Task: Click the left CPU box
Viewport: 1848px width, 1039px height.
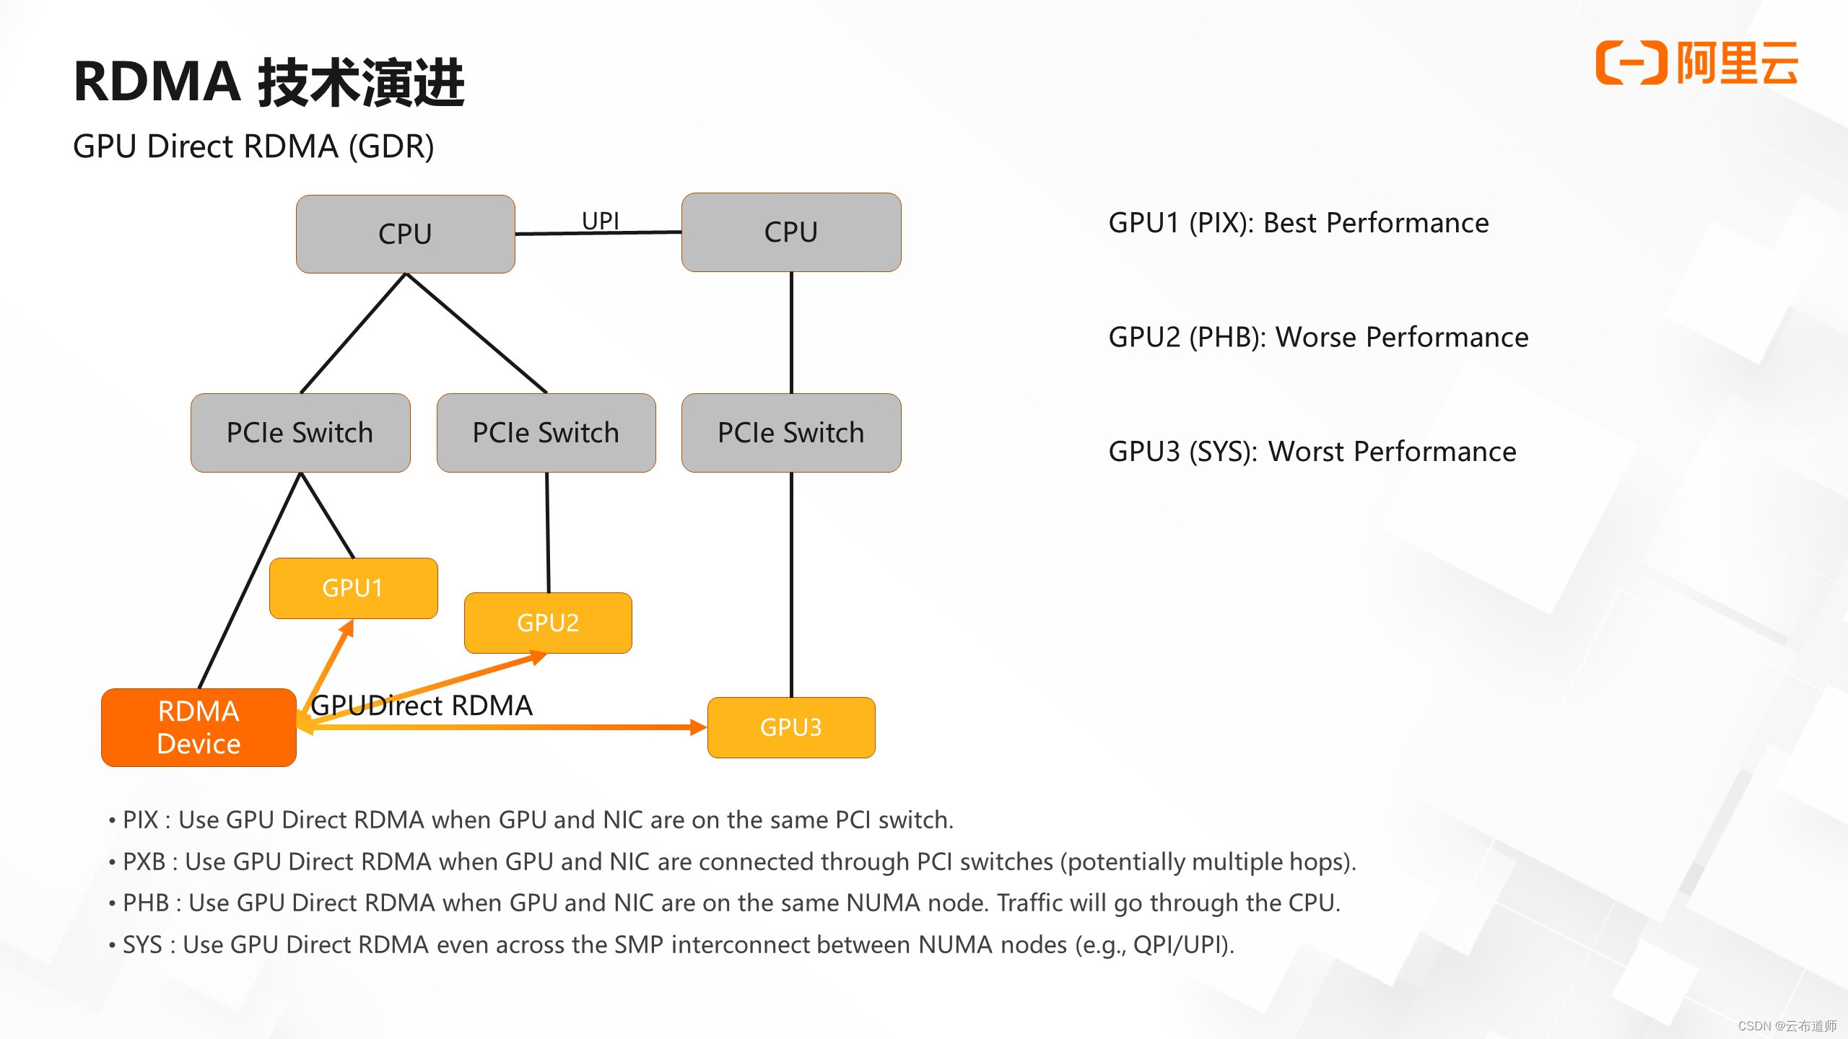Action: [405, 234]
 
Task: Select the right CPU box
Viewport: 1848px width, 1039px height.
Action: [791, 232]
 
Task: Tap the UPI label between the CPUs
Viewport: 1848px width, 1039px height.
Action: [601, 221]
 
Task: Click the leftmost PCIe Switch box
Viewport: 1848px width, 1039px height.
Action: [300, 433]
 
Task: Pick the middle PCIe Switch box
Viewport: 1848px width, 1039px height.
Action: [546, 433]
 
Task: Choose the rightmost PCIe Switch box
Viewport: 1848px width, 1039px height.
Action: [791, 433]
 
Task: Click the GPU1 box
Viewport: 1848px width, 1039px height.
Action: [353, 588]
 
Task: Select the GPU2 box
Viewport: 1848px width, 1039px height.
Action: [548, 623]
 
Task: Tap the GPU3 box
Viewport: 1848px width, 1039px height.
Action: [791, 727]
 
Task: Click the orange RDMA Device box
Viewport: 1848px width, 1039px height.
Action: [199, 727]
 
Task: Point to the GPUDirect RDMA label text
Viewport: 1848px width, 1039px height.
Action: [422, 705]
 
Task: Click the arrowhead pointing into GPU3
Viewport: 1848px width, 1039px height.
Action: [697, 727]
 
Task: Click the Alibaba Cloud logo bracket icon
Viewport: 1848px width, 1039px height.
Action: [1630, 63]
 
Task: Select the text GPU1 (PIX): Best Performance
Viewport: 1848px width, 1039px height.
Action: [1298, 223]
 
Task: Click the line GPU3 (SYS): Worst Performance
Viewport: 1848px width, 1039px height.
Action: [1312, 452]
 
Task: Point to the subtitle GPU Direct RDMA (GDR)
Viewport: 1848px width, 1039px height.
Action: [253, 146]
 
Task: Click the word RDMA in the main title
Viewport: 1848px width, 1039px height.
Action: [157, 82]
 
